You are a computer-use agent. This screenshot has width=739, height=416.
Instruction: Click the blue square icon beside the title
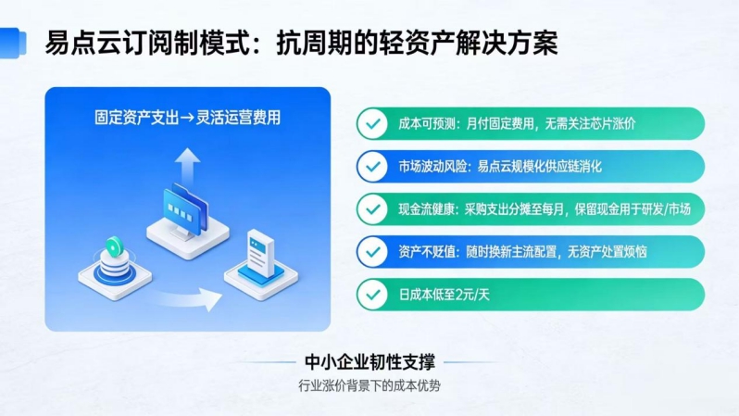12,42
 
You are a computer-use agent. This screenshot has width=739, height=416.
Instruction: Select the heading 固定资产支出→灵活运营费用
187,118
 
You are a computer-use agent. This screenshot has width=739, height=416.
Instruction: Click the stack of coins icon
114,258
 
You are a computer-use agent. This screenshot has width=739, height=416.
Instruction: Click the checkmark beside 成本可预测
372,123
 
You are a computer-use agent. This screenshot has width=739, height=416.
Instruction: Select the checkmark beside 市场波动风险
372,166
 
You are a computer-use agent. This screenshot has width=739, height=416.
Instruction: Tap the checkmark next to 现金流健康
372,208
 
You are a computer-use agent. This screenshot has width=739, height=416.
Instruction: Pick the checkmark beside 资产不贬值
372,251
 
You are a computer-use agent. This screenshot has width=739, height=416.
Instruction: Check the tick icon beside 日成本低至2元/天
372,294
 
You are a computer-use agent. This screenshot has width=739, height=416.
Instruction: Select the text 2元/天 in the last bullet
475,295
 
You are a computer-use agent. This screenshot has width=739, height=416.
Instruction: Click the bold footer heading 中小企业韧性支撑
369,361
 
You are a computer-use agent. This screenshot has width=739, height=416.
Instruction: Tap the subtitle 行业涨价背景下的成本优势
369,384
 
